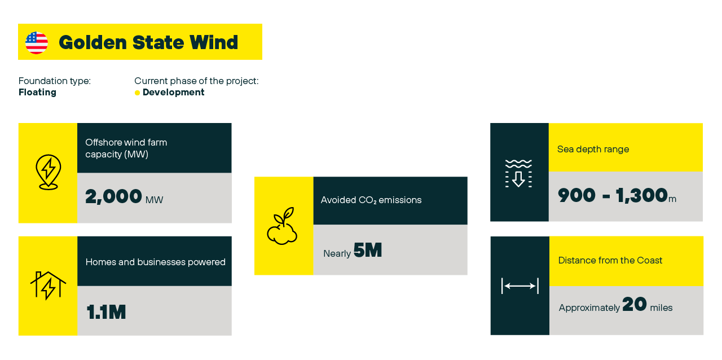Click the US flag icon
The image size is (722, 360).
pos(37,42)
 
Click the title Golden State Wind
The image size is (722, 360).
pos(148,42)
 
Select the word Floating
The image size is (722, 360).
pos(37,93)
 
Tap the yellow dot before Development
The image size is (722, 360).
pos(137,93)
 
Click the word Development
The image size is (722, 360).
pos(173,93)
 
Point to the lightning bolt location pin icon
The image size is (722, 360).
pos(49,172)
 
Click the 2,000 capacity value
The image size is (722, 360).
pos(113,196)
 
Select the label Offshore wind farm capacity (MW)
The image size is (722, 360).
pos(126,148)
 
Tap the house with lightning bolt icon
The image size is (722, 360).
pos(48,286)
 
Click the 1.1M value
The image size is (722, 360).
pos(106,312)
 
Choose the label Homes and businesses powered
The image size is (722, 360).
pos(155,262)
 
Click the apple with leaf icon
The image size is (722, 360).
pos(283,226)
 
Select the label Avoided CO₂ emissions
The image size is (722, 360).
pos(371,200)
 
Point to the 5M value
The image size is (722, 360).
pos(368,250)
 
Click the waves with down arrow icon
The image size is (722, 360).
pos(518,174)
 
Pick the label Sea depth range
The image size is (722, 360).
pos(593,149)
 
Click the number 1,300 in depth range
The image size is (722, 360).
pos(641,195)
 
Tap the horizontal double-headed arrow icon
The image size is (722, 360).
pos(520,286)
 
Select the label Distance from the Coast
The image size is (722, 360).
pos(610,260)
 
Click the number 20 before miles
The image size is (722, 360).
pos(635,304)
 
